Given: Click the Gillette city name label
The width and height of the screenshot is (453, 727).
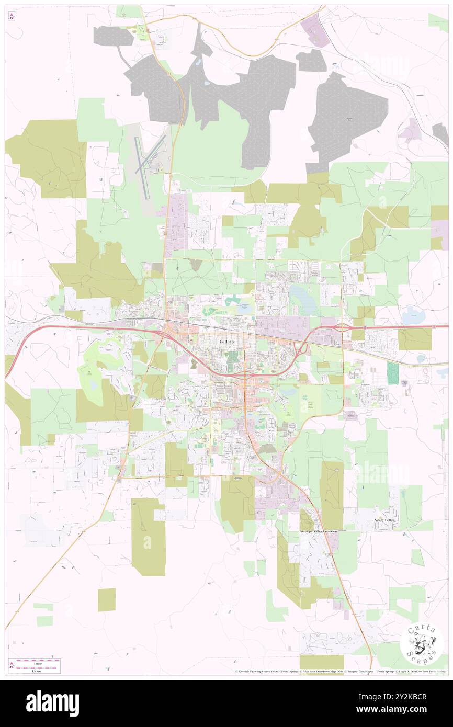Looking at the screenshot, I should pyautogui.click(x=227, y=341).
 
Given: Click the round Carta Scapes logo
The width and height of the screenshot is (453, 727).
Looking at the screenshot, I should pyautogui.click(x=421, y=643).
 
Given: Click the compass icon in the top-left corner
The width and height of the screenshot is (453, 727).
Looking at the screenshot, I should pyautogui.click(x=12, y=17).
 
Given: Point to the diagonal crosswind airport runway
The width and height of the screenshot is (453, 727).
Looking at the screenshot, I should pyautogui.click(x=151, y=154).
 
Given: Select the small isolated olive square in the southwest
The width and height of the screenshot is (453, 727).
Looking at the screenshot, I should pyautogui.click(x=107, y=599).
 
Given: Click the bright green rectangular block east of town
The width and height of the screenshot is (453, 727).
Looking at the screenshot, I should pyautogui.click(x=392, y=373).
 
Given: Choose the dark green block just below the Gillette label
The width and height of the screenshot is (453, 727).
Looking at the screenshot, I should pyautogui.click(x=231, y=359).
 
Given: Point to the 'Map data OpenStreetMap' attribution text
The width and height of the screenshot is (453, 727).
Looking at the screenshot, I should pyautogui.click(x=323, y=671).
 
